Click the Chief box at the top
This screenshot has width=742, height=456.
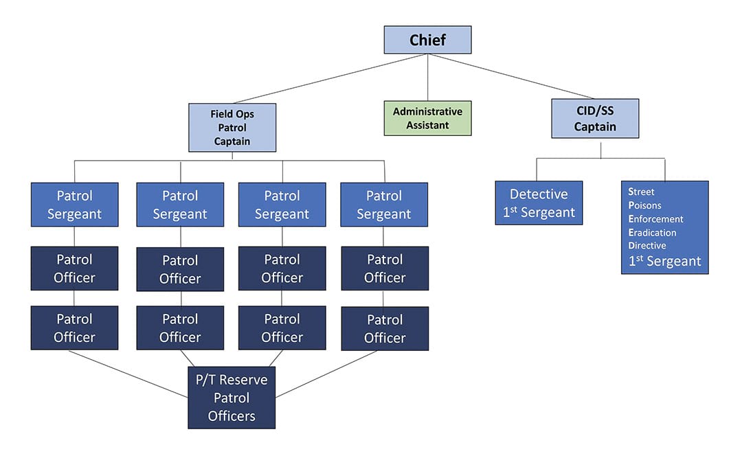click(x=427, y=40)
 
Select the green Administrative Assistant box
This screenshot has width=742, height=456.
click(x=427, y=118)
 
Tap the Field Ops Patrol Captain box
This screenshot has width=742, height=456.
click(x=232, y=128)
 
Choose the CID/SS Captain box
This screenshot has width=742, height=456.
click(x=595, y=118)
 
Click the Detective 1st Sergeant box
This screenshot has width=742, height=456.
click(x=539, y=203)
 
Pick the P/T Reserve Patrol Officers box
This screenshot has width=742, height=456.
click(x=232, y=398)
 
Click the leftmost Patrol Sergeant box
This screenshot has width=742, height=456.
click(x=74, y=205)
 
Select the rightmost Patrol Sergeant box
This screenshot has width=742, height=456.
click(x=384, y=205)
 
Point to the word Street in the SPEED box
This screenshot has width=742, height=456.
click(x=642, y=192)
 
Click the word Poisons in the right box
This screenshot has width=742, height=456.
click(x=647, y=205)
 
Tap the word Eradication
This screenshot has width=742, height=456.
click(x=653, y=232)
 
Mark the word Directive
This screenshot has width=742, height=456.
click(x=647, y=245)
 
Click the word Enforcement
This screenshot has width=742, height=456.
click(x=656, y=219)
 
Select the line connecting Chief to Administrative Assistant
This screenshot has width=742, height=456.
click(x=427, y=77)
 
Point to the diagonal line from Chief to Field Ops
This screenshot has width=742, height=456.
click(x=330, y=78)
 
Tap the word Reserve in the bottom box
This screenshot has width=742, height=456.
click(x=244, y=380)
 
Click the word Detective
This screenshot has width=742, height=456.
click(x=539, y=194)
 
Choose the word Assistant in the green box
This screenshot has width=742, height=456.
click(x=427, y=126)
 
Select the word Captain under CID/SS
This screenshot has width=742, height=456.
click(x=595, y=127)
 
